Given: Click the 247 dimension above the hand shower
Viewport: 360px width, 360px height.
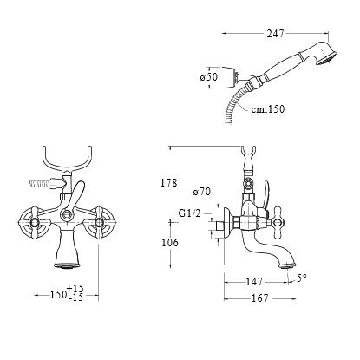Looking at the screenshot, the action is (x=275, y=34).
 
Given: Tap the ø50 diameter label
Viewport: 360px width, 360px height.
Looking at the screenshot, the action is (x=209, y=77).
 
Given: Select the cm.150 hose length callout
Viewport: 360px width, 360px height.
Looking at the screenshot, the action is (x=267, y=109).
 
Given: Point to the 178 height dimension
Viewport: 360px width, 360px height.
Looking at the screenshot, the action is (x=168, y=183).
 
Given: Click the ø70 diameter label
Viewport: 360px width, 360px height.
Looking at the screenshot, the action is (x=202, y=192).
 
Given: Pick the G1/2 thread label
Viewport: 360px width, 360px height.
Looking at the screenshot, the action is (x=189, y=213).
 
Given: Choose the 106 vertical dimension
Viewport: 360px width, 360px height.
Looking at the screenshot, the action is (x=170, y=242).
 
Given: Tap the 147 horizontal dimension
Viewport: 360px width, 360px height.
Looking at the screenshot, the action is (x=254, y=281).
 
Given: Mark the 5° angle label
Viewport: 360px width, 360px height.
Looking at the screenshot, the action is (x=302, y=278).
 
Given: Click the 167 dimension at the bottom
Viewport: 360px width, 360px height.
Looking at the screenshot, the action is (x=260, y=298).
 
